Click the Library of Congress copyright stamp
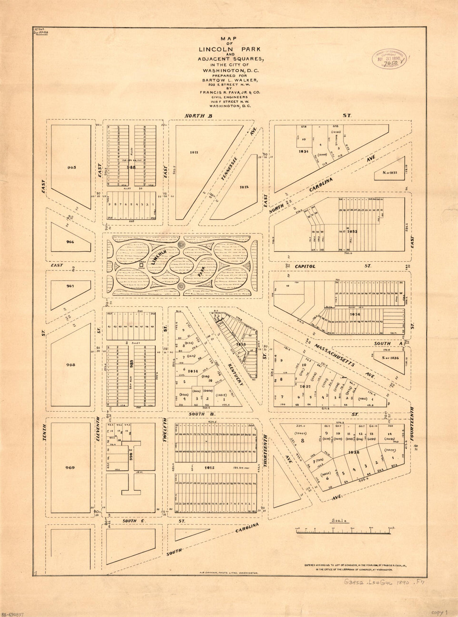click(x=389, y=59)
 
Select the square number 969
click(x=70, y=468)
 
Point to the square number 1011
click(x=194, y=152)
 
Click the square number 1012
click(x=244, y=187)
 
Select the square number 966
click(x=70, y=242)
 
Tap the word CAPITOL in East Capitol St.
click(x=306, y=266)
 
